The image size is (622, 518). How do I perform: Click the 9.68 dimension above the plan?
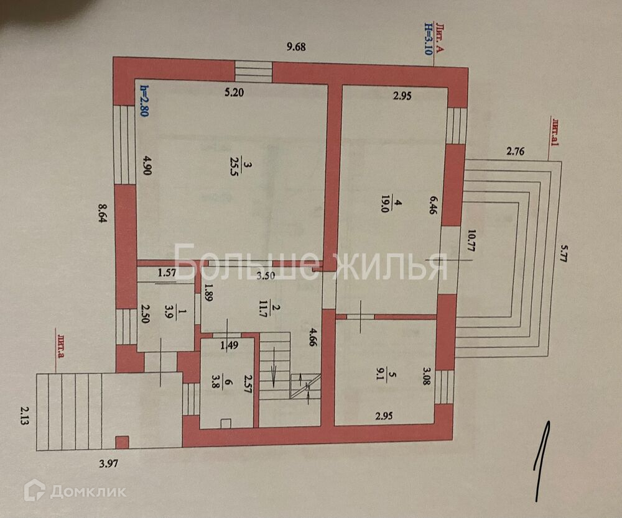[x=297, y=46]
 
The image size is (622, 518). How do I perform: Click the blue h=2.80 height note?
[x=144, y=101]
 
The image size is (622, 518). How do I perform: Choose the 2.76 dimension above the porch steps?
[x=516, y=150]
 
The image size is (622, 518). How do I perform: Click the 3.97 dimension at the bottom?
[x=110, y=462]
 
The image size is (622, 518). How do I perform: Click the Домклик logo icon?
[x=35, y=491]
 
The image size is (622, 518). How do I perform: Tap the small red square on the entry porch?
[x=123, y=442]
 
